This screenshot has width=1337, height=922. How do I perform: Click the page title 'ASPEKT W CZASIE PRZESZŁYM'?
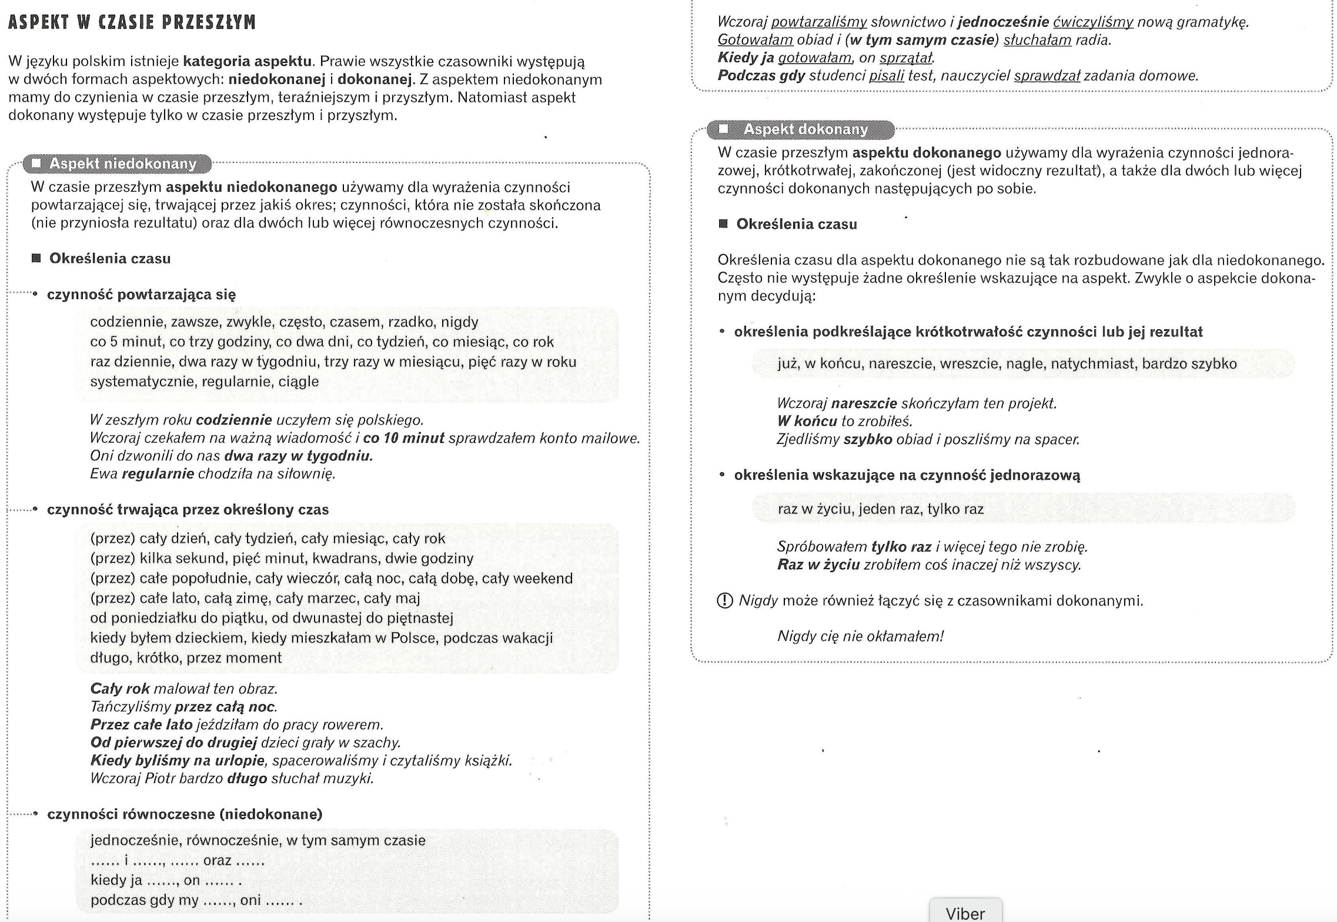(x=132, y=22)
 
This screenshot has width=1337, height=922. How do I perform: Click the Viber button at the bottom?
(x=965, y=912)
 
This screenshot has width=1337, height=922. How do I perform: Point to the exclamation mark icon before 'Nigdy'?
(x=725, y=600)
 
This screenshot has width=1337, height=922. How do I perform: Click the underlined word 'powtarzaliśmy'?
(x=818, y=22)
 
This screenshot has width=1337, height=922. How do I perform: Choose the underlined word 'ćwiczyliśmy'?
(x=1093, y=22)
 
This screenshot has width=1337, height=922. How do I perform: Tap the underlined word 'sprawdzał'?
(x=1047, y=76)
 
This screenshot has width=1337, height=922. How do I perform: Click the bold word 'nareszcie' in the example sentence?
(x=864, y=403)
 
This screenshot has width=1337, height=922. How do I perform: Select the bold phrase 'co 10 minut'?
(x=403, y=438)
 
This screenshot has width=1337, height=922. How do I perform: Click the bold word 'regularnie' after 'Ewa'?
(x=158, y=474)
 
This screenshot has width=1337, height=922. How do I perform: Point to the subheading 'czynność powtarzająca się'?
(x=141, y=295)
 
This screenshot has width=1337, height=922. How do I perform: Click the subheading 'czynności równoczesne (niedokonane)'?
(x=185, y=814)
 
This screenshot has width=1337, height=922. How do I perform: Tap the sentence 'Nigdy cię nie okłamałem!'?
(x=860, y=636)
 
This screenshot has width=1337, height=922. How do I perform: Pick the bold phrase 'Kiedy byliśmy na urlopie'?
(x=177, y=760)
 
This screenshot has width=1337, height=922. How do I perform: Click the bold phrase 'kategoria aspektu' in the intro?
(x=247, y=61)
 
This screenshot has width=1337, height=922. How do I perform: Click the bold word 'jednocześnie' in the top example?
(x=1003, y=22)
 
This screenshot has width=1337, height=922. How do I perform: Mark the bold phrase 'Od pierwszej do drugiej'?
(x=173, y=743)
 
